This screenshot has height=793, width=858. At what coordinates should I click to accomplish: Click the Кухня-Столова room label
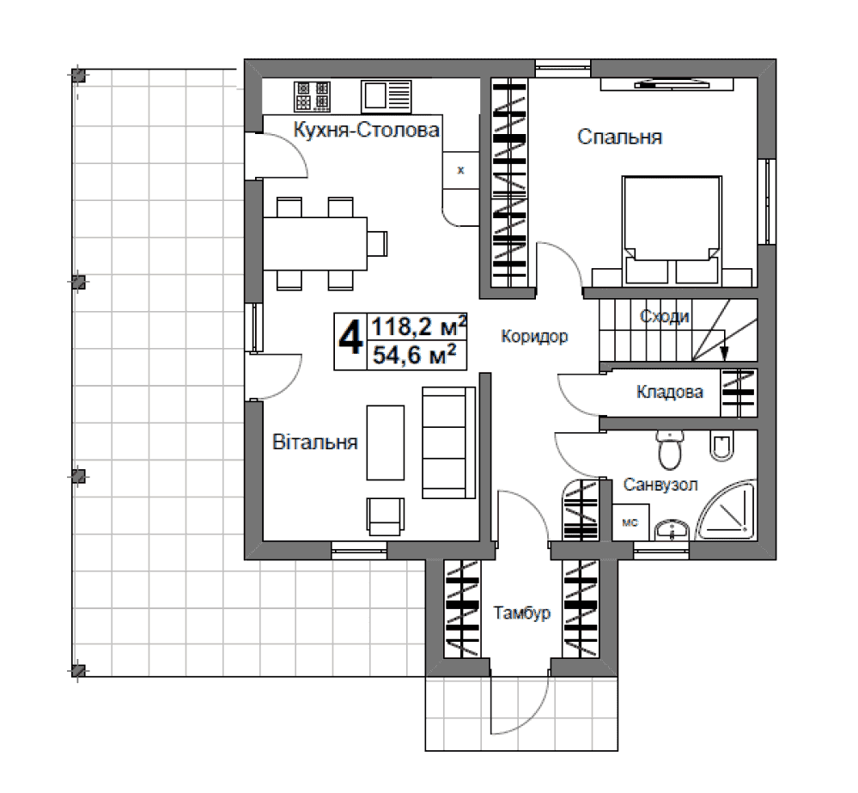click(x=366, y=131)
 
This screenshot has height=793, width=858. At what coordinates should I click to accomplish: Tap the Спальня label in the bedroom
click(x=619, y=137)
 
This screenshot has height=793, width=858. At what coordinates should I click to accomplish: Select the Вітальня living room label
click(x=315, y=442)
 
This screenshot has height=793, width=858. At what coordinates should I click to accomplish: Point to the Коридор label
click(x=534, y=336)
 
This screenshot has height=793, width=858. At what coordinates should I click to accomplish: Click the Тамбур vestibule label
click(x=521, y=613)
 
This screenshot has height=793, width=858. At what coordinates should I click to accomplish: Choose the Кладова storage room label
click(x=670, y=392)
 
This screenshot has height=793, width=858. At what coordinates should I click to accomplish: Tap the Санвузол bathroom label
click(x=660, y=485)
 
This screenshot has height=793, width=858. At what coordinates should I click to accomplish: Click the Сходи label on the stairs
click(x=664, y=316)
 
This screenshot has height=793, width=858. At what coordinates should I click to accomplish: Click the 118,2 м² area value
click(x=419, y=326)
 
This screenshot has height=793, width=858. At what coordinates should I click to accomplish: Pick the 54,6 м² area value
click(x=414, y=355)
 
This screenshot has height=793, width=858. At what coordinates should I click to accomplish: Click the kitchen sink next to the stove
click(x=386, y=97)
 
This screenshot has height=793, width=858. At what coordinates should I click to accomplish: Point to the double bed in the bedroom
click(x=672, y=230)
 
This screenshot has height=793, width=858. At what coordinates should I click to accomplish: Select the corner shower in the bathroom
click(x=726, y=511)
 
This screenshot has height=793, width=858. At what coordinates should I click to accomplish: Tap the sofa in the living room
click(x=448, y=442)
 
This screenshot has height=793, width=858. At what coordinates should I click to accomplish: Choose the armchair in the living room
click(x=386, y=516)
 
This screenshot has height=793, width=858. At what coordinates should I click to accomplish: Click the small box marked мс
click(x=630, y=522)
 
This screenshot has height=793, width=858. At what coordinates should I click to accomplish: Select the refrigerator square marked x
click(x=460, y=170)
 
